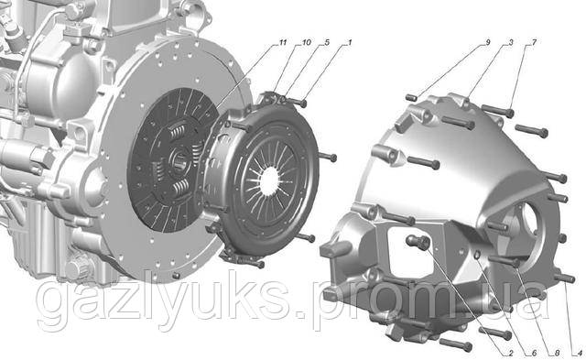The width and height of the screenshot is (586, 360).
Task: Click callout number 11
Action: pyautogui.click(x=283, y=42)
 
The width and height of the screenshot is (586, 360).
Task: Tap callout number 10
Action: pyautogui.click(x=306, y=42)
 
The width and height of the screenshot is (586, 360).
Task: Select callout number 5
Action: pyautogui.click(x=327, y=42)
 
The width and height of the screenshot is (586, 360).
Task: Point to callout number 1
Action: pyautogui.click(x=350, y=42)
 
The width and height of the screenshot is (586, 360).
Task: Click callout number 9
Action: pyautogui.click(x=487, y=42)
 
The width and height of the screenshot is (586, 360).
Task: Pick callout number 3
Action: pyautogui.click(x=511, y=42)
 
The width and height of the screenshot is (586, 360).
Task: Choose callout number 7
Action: pyautogui.click(x=534, y=42)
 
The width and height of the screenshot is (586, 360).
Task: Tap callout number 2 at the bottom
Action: pyautogui.click(x=511, y=353)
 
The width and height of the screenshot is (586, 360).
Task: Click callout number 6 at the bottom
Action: pyautogui.click(x=534, y=353)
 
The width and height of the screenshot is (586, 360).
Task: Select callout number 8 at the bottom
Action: pyautogui.click(x=557, y=353)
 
